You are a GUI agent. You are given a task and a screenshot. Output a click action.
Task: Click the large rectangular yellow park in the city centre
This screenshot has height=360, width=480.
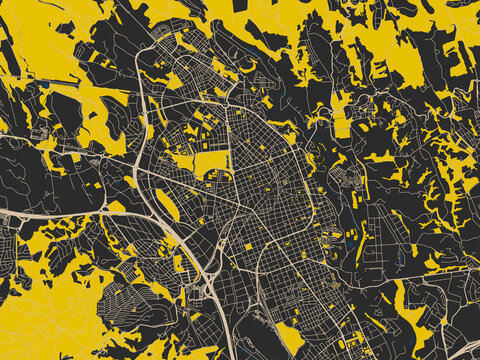(x=211, y=163)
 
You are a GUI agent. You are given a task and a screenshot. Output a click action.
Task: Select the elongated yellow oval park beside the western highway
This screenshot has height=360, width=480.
(x=167, y=204)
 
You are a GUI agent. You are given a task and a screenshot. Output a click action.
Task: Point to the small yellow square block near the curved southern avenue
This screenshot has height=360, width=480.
(x=249, y=246)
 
